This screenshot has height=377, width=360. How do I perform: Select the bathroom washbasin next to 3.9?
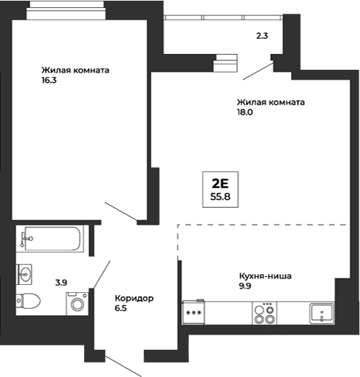26,273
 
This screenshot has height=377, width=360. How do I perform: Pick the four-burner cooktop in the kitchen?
264,313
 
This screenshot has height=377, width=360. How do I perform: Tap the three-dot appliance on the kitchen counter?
193,313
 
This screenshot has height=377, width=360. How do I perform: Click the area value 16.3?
50,81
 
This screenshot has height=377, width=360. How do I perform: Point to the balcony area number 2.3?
262,35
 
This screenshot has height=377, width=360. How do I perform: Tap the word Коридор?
134,298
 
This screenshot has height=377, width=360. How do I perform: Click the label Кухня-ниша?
266,275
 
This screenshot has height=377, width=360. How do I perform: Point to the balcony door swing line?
257,71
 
